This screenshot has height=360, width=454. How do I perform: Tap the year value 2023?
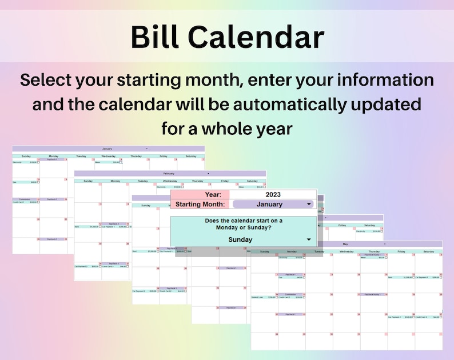pyautogui.click(x=273, y=195)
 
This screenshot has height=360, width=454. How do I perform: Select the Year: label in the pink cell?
pyautogui.click(x=213, y=195)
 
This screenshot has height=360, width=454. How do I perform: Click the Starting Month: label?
pyautogui.click(x=200, y=204)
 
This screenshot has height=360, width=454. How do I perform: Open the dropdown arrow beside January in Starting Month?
pyautogui.click(x=309, y=204)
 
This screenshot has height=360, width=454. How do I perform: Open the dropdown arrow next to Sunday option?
pyautogui.click(x=309, y=240)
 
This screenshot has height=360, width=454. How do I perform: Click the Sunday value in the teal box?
pyautogui.click(x=240, y=240)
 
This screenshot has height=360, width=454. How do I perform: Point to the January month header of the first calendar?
pyautogui.click(x=107, y=148)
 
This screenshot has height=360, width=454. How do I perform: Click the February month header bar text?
pyautogui.click(x=169, y=173)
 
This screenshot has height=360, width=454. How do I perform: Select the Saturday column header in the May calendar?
pyautogui.click(x=428, y=251)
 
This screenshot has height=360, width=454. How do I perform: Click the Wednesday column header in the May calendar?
pyautogui.click(x=347, y=251)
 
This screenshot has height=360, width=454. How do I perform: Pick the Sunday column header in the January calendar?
pyautogui.click(x=26, y=155)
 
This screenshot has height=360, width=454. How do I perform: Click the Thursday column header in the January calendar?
pyautogui.click(x=136, y=155)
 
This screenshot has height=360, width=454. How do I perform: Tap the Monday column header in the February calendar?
pyautogui.click(x=116, y=181)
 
